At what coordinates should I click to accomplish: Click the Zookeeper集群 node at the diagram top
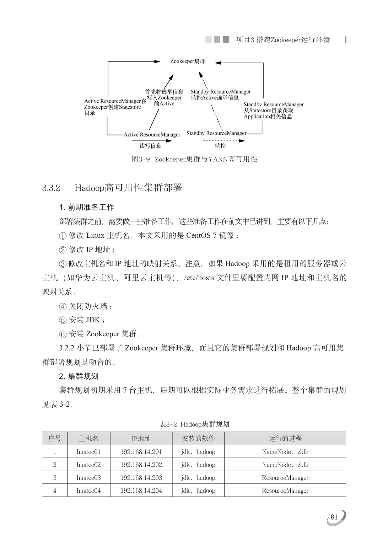point(188,61)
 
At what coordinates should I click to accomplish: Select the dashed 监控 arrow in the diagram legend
point(223,141)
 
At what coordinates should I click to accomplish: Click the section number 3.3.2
point(51,188)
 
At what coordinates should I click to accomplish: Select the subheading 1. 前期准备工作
point(87,207)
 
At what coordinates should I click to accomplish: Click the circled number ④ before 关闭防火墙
point(63,306)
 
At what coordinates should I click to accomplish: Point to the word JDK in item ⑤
point(93,320)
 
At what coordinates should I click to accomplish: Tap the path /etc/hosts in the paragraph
point(199,278)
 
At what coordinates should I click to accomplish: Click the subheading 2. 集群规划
point(79,376)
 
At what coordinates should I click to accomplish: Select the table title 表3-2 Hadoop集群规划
point(194,424)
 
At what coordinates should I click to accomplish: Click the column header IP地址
point(141,439)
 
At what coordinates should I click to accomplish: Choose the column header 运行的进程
point(285,439)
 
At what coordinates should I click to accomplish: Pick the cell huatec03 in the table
point(88,478)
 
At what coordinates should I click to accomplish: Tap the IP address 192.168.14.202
point(141,465)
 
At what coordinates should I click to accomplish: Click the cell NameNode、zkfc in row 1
point(285,452)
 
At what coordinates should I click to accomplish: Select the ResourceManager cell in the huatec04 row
point(285,491)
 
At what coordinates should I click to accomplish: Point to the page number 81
point(334,517)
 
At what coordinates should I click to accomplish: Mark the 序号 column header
point(55,439)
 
